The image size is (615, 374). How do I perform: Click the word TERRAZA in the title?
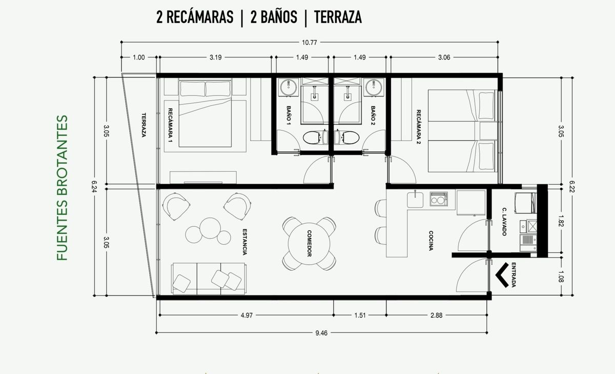tap(338, 17)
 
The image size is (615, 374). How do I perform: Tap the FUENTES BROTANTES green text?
tap(63, 187)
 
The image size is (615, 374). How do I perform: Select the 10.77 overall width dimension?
tap(310, 43)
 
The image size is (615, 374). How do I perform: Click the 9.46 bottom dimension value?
tap(321, 333)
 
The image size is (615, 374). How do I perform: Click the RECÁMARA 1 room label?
tap(170, 126)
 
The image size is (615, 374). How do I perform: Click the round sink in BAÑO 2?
tap(374, 88)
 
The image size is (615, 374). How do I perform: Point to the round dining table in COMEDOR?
tap(309, 244)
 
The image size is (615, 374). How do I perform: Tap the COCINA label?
tap(431, 241)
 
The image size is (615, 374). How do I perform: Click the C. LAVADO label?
tap(504, 221)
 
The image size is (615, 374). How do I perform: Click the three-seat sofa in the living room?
tap(209, 279)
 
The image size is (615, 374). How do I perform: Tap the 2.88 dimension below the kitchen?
tap(436, 316)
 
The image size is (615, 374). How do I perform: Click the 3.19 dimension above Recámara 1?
tap(215, 57)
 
